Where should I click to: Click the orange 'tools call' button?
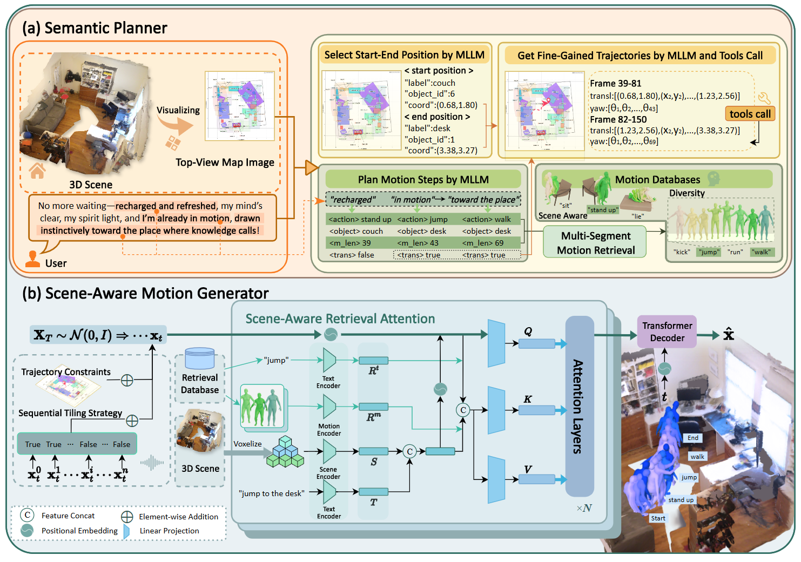tap(750, 114)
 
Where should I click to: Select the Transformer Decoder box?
tap(667, 331)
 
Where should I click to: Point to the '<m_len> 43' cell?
tap(418, 243)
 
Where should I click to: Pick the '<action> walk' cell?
tap(486, 219)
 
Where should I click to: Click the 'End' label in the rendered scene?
tap(693, 438)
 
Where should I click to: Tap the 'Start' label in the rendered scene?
tap(658, 518)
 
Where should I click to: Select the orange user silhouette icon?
tap(33, 260)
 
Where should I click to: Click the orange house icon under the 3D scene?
tap(37, 171)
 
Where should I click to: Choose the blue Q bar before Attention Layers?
tap(536, 343)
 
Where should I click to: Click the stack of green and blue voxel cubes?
tap(285, 452)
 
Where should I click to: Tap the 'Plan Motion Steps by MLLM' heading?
tap(423, 180)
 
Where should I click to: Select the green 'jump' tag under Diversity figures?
tap(709, 252)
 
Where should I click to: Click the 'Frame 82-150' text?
tap(618, 119)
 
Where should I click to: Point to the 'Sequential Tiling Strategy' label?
tap(70, 413)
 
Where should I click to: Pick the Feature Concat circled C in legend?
tap(27, 516)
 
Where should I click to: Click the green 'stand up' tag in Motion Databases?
tap(603, 210)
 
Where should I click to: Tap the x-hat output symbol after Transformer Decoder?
tap(729, 334)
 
